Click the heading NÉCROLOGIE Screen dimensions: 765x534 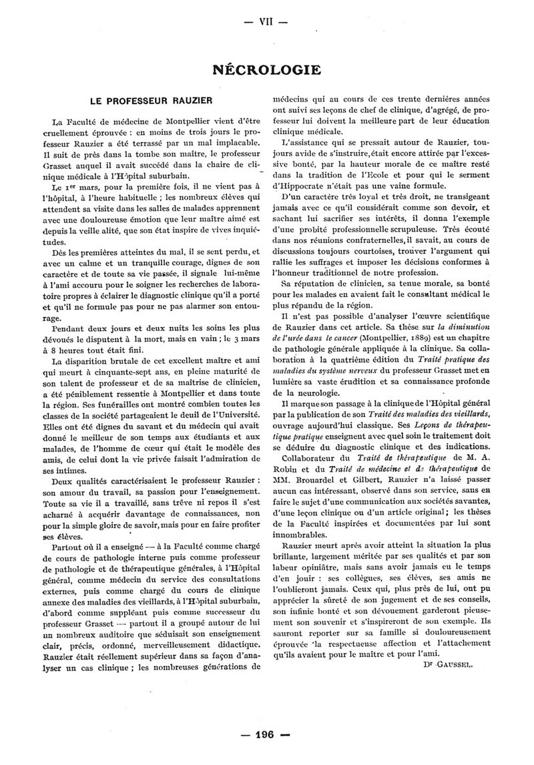click(266, 69)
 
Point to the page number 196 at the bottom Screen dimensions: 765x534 click(265, 734)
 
